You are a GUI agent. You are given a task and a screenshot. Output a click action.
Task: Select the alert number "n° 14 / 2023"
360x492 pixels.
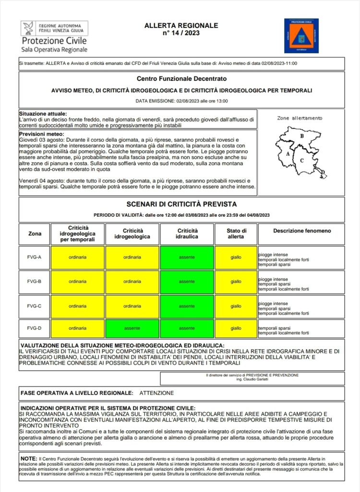pos(181,33)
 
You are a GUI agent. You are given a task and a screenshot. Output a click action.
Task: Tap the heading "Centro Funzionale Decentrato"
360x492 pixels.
pos(181,78)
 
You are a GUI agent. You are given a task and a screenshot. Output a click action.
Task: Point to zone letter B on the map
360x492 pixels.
pos(301,136)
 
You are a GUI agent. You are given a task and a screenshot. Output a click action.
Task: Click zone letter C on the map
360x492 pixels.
pos(302,160)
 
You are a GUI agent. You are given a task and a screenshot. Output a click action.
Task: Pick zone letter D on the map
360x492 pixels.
pos(323,172)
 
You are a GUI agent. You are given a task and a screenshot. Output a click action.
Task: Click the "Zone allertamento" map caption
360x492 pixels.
pos(300,118)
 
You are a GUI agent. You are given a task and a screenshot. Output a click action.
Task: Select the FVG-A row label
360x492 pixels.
pos(35,257)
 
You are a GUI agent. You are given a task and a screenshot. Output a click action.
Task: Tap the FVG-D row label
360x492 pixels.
pos(35,329)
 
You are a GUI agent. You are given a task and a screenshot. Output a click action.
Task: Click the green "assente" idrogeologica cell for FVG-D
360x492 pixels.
pos(132,329)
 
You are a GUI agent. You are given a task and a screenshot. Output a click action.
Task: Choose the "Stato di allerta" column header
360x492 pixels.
pos(236,234)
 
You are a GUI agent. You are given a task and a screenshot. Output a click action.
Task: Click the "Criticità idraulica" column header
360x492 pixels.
pos(187,234)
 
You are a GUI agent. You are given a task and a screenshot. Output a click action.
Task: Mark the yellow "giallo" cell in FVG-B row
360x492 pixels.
pos(236,281)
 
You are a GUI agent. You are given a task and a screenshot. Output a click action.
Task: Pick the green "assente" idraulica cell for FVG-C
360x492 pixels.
pos(187,305)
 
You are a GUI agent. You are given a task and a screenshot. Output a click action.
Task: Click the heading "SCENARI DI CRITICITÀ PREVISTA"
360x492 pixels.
pos(181,204)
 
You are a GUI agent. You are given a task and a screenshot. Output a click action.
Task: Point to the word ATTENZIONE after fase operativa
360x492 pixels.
pos(156,393)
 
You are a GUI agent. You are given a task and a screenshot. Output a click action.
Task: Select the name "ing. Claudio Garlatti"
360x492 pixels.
pos(252,380)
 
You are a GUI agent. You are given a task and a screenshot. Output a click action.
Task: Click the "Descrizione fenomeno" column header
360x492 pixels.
pos(302,231)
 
